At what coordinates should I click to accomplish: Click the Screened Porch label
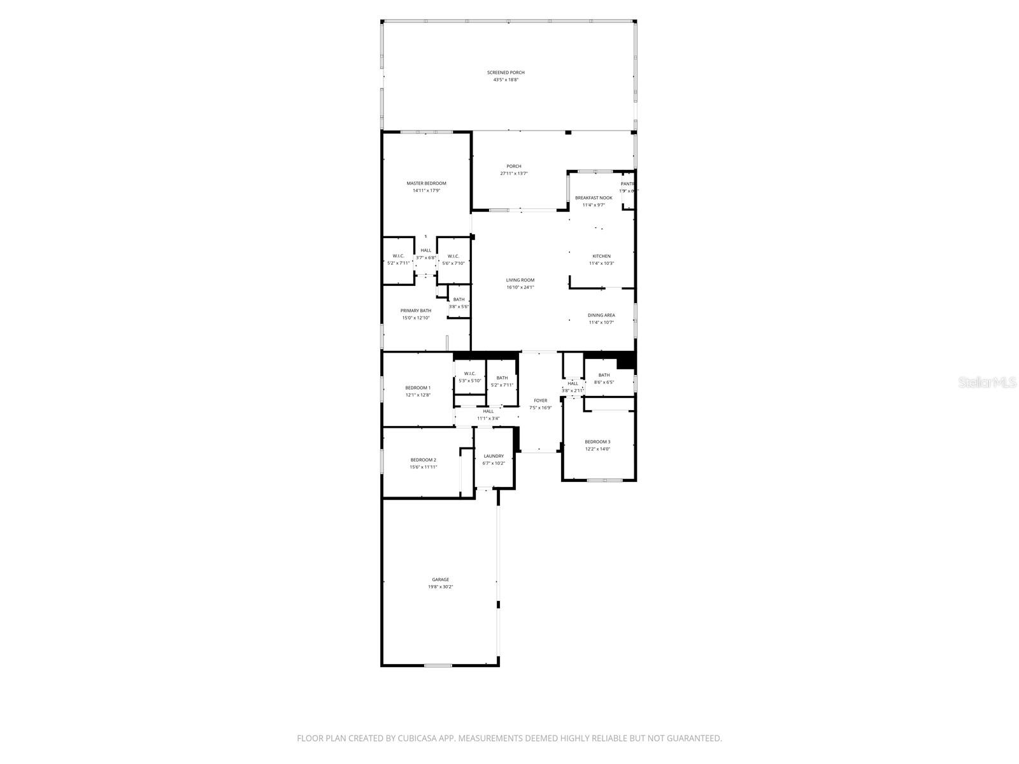tap(506, 73)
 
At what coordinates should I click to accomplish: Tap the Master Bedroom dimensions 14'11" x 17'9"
tap(426, 190)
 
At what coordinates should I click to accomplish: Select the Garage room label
tap(440, 579)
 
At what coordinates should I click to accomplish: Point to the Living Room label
tap(520, 280)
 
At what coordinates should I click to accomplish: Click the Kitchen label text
tap(601, 256)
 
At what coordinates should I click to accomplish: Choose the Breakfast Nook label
tap(593, 198)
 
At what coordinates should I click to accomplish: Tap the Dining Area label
tap(601, 315)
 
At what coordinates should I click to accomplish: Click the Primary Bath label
tap(415, 311)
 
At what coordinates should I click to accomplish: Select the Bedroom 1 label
tap(418, 388)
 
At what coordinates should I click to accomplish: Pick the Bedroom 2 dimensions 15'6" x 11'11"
tap(423, 467)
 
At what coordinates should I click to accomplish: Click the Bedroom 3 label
tap(597, 442)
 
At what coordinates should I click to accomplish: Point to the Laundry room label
tap(494, 456)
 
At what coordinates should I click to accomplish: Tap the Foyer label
tap(540, 400)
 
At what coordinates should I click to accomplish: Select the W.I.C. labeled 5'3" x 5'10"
tap(470, 377)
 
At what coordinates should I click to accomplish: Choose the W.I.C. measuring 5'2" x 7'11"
tap(398, 259)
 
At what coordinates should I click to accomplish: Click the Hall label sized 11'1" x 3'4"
tap(488, 414)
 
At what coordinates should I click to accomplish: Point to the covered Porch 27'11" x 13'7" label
tap(513, 169)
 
